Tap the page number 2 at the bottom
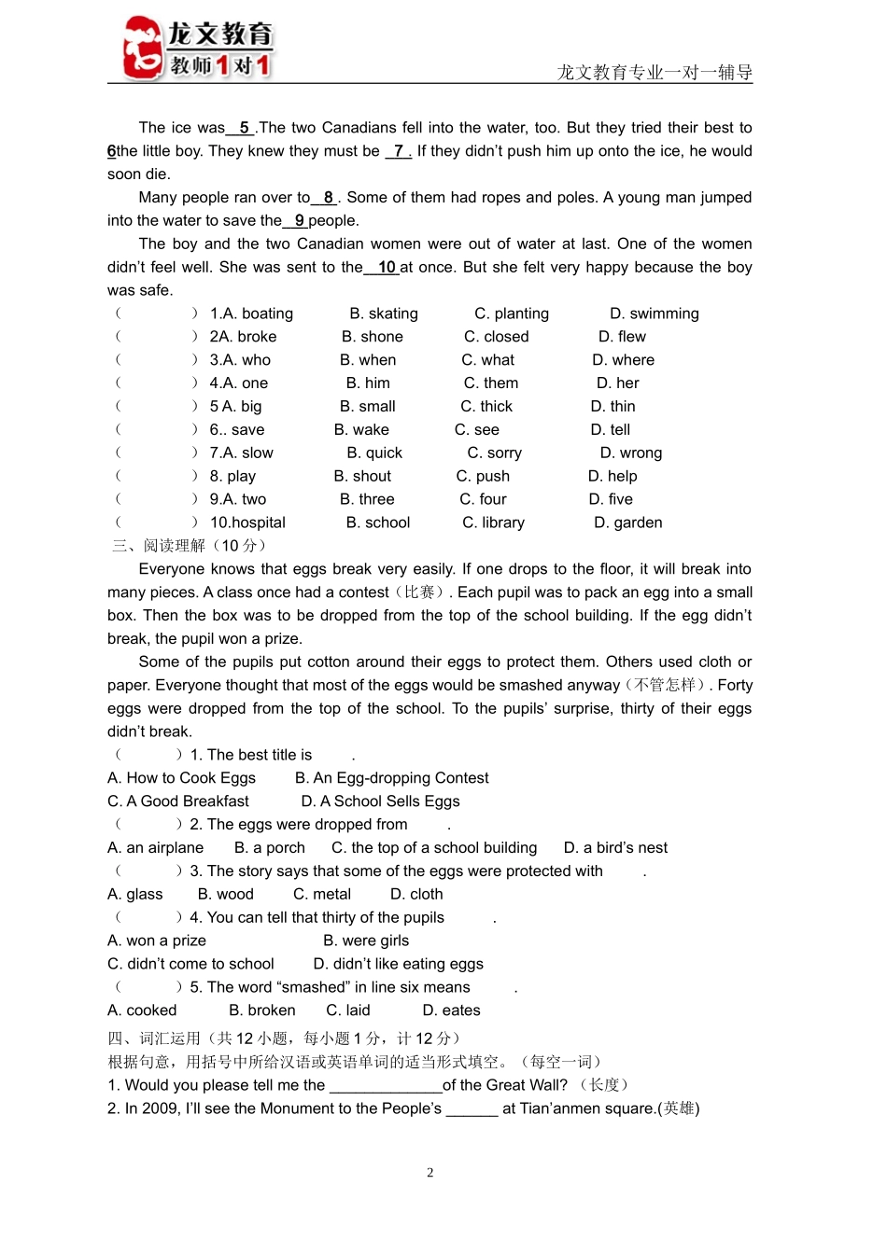click(x=430, y=1173)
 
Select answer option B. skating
click(x=384, y=313)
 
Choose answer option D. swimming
click(x=654, y=313)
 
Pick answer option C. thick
click(x=486, y=407)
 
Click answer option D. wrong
click(x=631, y=453)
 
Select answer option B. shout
click(x=362, y=477)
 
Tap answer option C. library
click(x=493, y=523)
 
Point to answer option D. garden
click(x=628, y=523)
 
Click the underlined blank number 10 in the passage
click(x=387, y=268)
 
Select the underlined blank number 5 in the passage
click(x=244, y=128)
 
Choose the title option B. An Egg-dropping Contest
click(x=391, y=778)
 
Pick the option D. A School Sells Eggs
click(x=380, y=801)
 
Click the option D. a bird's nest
click(x=615, y=848)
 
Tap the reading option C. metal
click(x=322, y=895)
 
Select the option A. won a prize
click(x=157, y=941)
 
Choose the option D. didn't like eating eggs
click(x=399, y=965)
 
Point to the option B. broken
click(x=262, y=1010)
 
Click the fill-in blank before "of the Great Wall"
click(x=386, y=1085)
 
